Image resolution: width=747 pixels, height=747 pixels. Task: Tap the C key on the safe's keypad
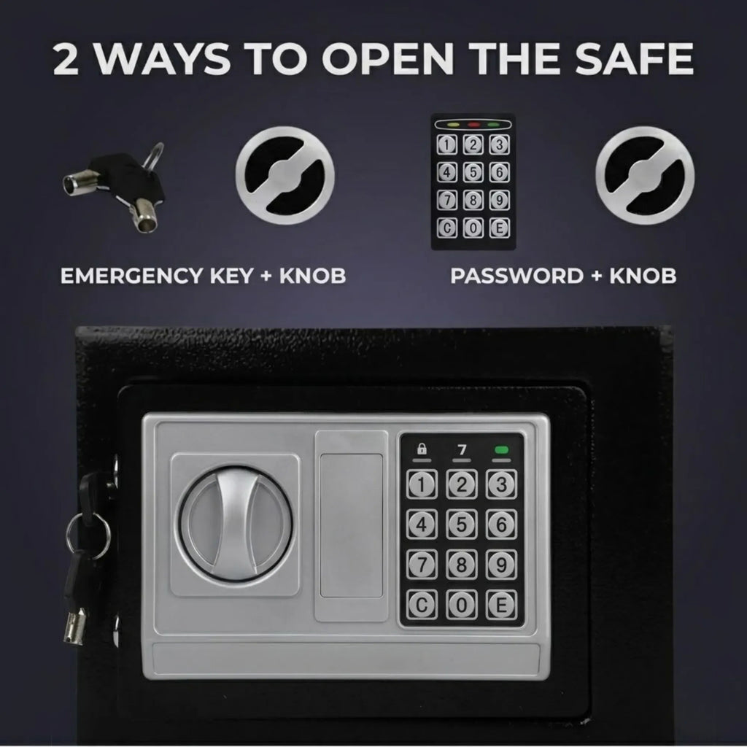point(422,605)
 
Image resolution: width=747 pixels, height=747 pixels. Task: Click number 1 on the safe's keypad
point(422,484)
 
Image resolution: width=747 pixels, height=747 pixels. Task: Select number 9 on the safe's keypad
point(501,565)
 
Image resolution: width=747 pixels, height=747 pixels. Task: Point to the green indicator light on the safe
point(502,449)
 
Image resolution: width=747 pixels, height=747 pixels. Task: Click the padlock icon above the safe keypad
point(422,449)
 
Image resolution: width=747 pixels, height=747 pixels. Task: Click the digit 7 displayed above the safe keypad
point(462,449)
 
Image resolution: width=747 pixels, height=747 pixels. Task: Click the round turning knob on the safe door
point(235,524)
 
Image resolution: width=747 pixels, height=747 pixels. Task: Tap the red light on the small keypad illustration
point(473,125)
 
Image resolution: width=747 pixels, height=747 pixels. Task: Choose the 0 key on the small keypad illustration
point(473,228)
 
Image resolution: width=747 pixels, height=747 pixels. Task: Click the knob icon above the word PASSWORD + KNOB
point(645,175)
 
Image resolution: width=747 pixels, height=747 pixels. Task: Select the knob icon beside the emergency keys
point(285,175)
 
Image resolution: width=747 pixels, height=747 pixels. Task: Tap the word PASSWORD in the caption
point(517,276)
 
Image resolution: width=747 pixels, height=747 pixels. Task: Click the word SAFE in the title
point(634,59)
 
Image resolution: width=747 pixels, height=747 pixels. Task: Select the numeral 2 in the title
point(66,59)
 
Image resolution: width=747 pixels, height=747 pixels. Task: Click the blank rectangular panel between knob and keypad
point(352,526)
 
